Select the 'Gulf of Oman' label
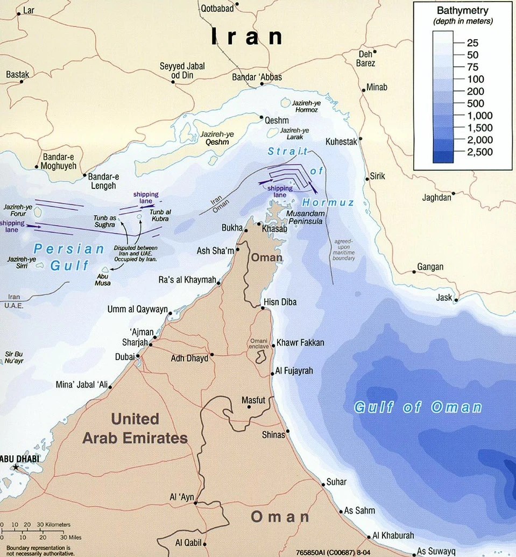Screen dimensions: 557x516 (418, 407)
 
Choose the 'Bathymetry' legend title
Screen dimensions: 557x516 (463, 11)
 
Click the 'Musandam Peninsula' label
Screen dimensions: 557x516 (316, 217)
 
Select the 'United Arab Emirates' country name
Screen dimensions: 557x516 (135, 428)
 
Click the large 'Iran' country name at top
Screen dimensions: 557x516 (247, 37)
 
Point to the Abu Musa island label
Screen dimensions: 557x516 (103, 279)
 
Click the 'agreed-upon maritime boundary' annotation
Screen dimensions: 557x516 (344, 250)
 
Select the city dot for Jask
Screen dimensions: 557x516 (457, 300)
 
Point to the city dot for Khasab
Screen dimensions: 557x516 (259, 224)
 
